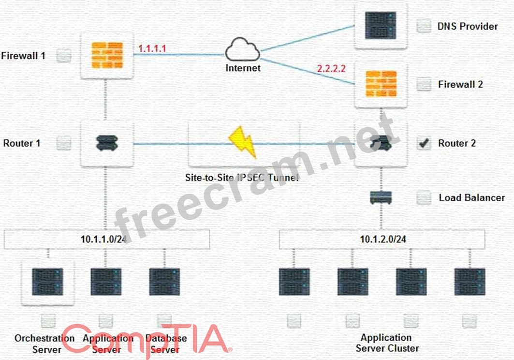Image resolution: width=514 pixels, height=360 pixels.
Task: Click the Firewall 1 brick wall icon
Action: coord(107,55)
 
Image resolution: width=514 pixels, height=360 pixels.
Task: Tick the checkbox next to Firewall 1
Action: coord(64,56)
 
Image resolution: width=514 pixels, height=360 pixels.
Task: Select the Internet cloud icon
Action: coord(242,49)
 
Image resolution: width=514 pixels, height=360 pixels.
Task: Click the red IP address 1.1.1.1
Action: coord(152,48)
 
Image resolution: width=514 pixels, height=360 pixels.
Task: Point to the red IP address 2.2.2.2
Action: coord(331,69)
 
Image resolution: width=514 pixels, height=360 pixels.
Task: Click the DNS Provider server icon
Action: coord(381,26)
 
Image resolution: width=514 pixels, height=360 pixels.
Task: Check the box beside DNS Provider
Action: coord(424,26)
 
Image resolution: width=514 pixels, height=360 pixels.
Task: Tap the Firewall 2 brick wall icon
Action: coord(381,84)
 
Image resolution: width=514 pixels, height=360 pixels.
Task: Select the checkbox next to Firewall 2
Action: coord(424,84)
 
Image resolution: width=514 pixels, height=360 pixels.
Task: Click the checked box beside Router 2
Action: coord(424,143)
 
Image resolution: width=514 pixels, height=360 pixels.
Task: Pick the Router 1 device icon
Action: coord(107,143)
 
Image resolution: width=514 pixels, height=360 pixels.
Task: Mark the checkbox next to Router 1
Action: coord(64,143)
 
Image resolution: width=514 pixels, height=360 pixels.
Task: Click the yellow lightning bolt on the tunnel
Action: coord(242,142)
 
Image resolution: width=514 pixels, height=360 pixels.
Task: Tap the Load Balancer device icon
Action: coord(381,197)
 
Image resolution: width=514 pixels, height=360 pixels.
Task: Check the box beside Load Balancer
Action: coord(424,197)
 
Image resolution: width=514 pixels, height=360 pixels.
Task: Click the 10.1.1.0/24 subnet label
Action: coord(103,239)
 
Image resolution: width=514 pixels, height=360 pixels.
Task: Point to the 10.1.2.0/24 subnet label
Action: coord(383,239)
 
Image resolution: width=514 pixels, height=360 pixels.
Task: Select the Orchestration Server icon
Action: coord(47,282)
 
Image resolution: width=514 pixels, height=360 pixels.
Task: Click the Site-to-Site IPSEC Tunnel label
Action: coord(242,178)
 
